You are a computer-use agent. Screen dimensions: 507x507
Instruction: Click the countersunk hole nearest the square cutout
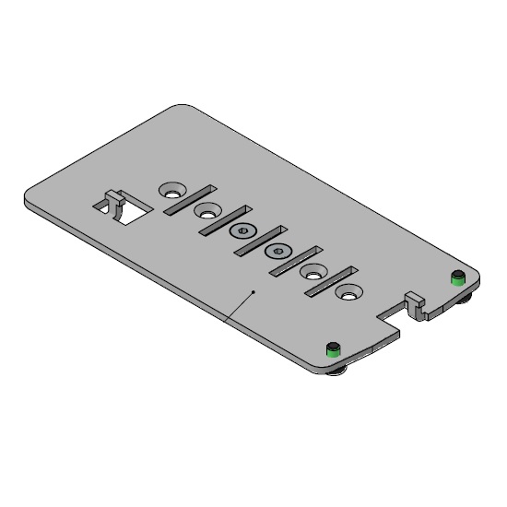171,190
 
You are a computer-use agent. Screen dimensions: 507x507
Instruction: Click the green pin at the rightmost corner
456,277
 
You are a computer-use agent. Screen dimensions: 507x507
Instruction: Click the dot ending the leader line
253,291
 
